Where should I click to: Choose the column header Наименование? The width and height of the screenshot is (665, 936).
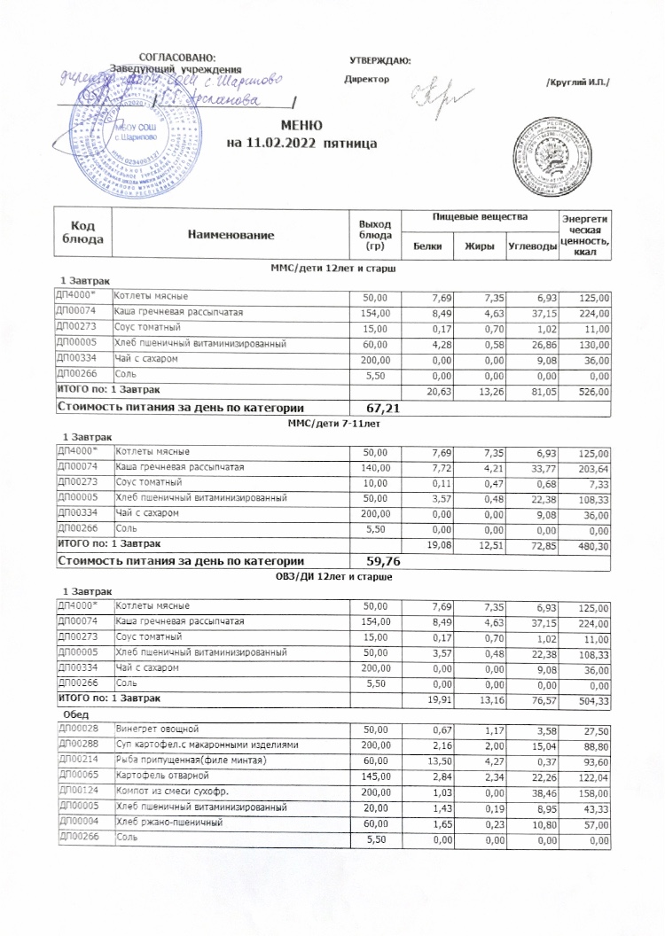pos(231,234)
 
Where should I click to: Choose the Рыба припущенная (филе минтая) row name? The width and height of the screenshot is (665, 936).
pos(192,761)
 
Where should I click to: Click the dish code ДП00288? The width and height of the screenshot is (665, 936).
pos(77,745)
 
